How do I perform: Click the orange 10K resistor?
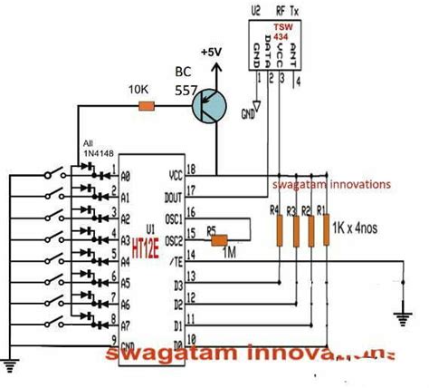pyautogui.click(x=146, y=106)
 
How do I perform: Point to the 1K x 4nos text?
pyautogui.click(x=361, y=227)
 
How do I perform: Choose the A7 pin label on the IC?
pyautogui.click(x=128, y=329)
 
